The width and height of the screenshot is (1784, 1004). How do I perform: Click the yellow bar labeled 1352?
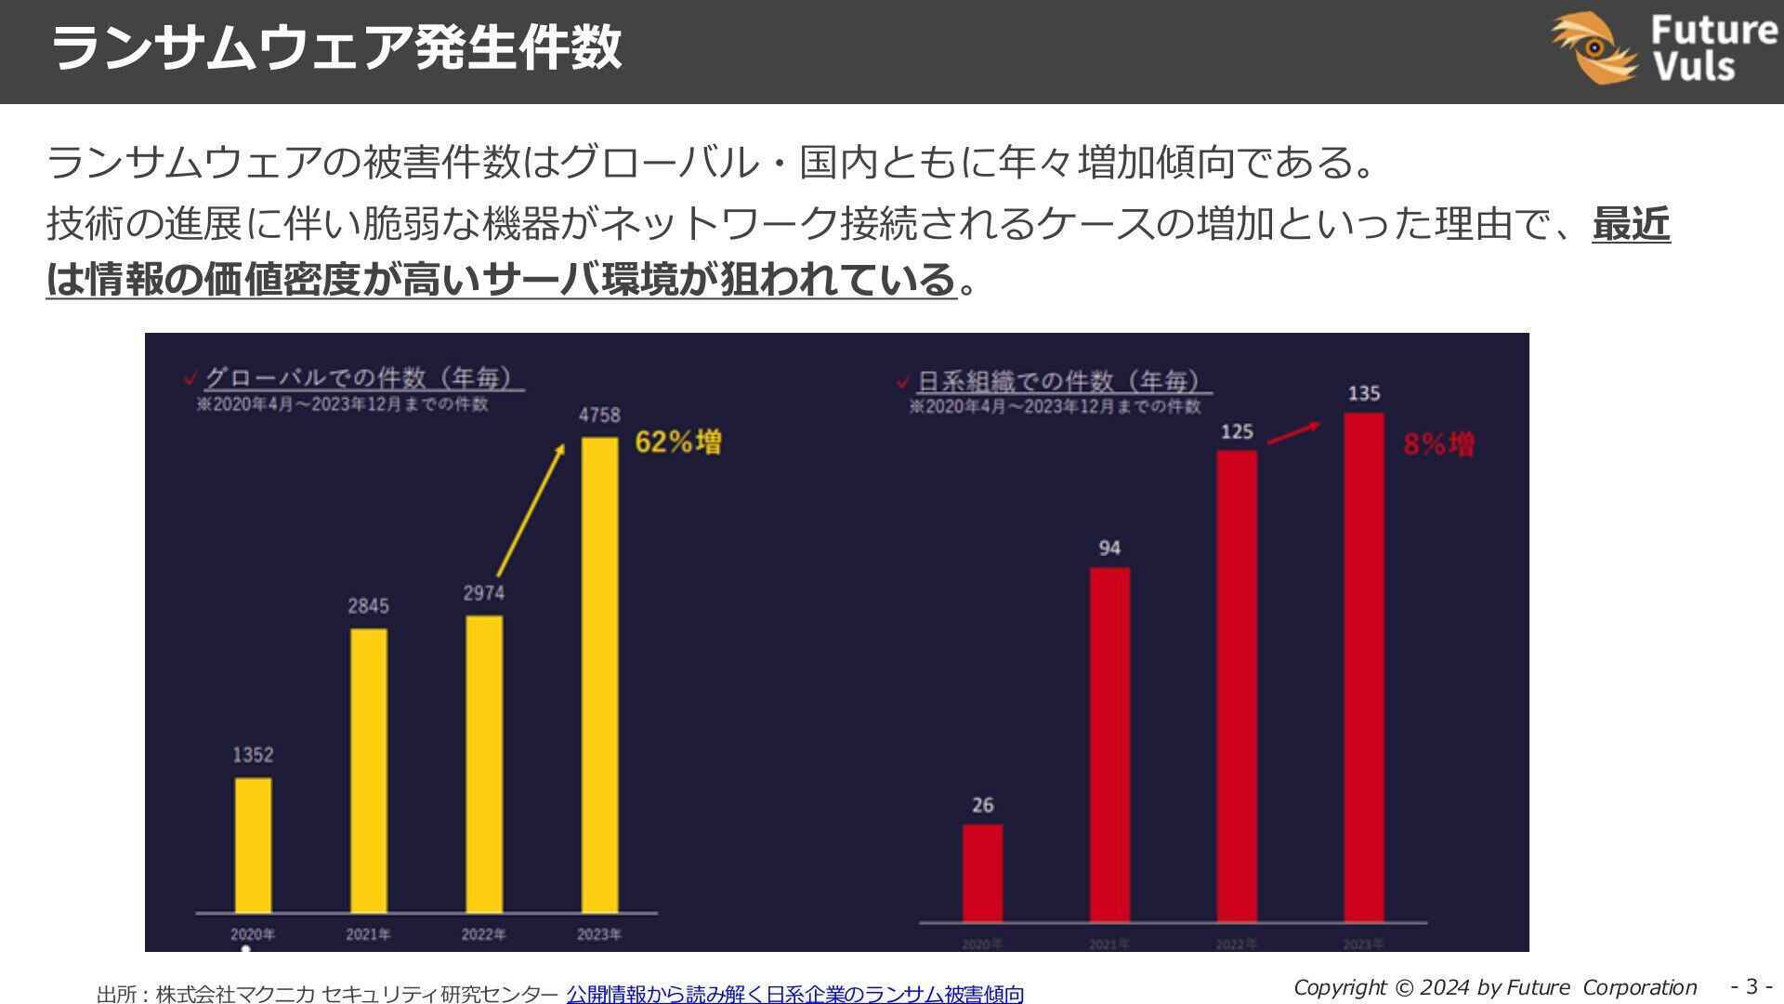[253, 845]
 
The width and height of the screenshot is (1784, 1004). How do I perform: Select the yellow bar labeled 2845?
[369, 771]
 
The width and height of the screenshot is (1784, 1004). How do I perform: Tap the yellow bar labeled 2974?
[484, 764]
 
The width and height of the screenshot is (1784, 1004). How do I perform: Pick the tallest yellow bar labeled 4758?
[599, 675]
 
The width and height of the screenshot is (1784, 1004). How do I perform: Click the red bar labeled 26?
[982, 873]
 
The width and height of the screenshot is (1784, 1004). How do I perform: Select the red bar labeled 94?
[1109, 745]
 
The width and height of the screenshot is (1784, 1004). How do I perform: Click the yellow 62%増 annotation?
[678, 443]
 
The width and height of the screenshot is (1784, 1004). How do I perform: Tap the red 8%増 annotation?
[1438, 444]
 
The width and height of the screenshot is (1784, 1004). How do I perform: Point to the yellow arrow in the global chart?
[531, 510]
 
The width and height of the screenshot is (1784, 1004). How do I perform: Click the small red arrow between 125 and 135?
[1293, 434]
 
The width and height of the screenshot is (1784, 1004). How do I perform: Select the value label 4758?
[599, 415]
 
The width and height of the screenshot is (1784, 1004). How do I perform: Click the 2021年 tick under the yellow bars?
[368, 934]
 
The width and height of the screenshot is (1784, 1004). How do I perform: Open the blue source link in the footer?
[794, 994]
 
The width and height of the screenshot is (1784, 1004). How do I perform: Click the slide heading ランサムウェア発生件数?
[335, 48]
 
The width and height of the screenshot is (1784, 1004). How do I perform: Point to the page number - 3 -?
[1751, 986]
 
